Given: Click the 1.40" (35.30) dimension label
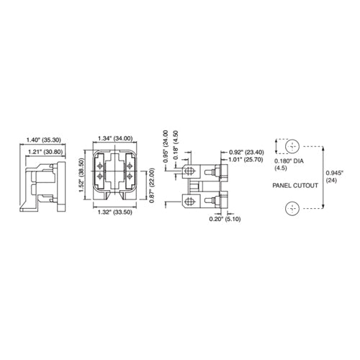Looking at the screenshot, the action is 43,140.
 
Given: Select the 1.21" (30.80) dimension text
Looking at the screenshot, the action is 45,152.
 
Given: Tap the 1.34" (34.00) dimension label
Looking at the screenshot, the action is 115,138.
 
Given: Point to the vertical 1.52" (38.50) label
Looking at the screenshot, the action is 81,175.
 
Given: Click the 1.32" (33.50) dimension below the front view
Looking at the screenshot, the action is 114,212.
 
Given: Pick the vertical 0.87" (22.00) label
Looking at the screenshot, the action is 151,185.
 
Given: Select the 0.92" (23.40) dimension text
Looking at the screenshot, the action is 246,152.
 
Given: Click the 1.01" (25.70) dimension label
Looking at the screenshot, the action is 246,159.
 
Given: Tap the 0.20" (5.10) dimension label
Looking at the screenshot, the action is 225,219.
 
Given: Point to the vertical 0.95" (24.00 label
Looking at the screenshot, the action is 166,146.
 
